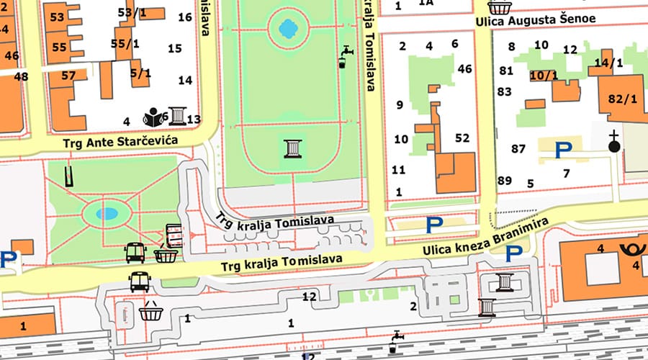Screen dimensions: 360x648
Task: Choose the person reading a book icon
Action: tap(153, 117)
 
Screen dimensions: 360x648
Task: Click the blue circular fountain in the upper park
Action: tap(288, 29)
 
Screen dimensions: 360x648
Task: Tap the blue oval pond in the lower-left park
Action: tap(107, 214)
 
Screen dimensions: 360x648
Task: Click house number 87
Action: tap(518, 149)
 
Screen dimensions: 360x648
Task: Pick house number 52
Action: tap(462, 138)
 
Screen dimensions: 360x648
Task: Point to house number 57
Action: tap(68, 75)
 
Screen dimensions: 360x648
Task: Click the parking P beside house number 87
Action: tap(564, 149)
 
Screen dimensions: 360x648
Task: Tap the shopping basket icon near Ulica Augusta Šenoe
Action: tap(499, 6)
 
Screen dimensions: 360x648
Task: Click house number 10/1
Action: tap(544, 75)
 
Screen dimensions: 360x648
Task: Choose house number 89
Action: tap(505, 180)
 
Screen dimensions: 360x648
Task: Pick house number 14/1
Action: tap(609, 63)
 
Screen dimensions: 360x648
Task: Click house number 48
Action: tap(21, 77)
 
